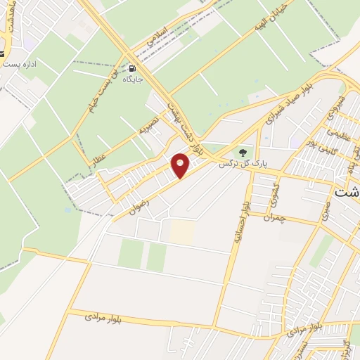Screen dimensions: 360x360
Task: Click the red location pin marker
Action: (x=181, y=165)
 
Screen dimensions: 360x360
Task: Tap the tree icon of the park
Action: (x=243, y=152)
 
